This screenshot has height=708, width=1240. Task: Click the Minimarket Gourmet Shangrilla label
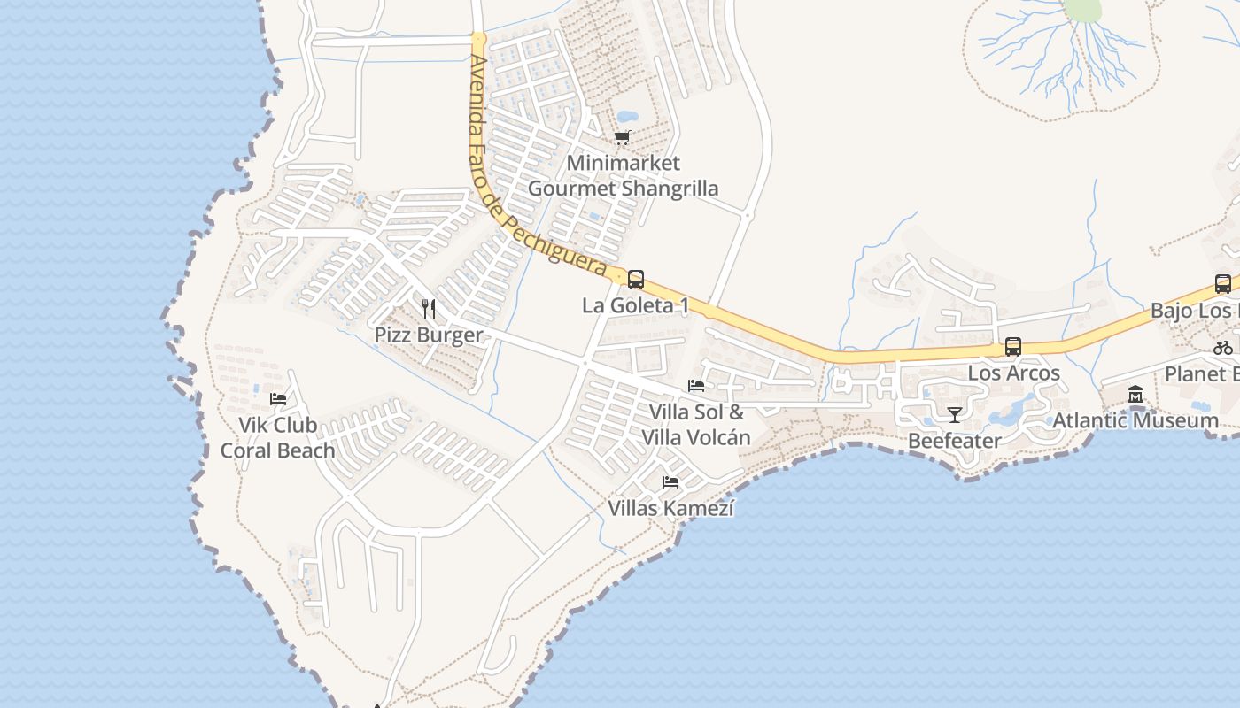(x=623, y=176)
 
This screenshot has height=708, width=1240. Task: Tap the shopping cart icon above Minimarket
(x=623, y=138)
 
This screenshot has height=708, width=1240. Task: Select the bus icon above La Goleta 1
(x=636, y=280)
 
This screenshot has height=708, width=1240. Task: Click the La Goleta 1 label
(x=635, y=306)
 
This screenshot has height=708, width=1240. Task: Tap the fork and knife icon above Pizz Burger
(x=429, y=309)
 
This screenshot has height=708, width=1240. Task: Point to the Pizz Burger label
(x=429, y=335)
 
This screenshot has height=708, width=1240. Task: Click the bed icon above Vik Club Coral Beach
(x=278, y=399)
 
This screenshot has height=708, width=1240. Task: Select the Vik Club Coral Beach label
(x=278, y=438)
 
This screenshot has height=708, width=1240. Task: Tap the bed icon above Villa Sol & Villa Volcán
(x=696, y=386)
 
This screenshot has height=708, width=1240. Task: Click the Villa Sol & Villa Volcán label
(x=696, y=425)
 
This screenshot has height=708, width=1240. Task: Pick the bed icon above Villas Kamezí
(x=670, y=482)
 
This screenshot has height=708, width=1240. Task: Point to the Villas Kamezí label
(x=670, y=509)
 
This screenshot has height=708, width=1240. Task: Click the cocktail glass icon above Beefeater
(x=955, y=414)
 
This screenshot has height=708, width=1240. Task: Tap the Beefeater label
(x=955, y=441)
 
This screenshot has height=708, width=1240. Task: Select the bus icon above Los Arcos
(x=1013, y=347)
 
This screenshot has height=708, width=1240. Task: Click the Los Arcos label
(x=1013, y=373)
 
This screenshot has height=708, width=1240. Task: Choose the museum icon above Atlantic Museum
(x=1135, y=395)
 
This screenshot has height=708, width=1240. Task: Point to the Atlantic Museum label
(x=1135, y=420)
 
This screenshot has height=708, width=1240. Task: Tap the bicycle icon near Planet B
(x=1223, y=348)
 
